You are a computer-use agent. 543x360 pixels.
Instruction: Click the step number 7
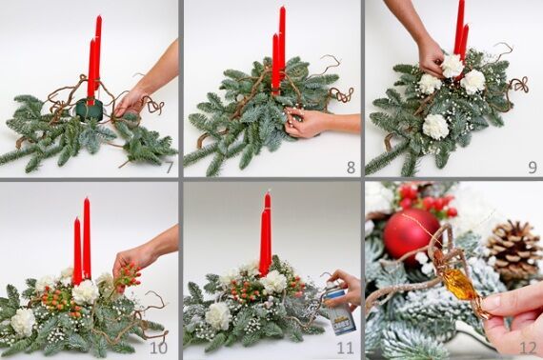click(169, 168)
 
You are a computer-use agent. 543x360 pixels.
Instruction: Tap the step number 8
click(351, 168)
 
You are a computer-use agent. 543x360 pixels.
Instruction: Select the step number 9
click(533, 168)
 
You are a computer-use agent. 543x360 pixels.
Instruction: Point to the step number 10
click(158, 348)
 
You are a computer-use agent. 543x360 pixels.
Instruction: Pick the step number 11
click(345, 348)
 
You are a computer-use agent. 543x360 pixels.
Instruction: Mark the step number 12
click(528, 348)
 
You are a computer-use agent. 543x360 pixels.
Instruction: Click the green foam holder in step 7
click(90, 110)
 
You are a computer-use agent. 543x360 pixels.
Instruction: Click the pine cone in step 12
click(513, 250)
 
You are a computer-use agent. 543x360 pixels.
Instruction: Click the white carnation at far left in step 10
click(23, 322)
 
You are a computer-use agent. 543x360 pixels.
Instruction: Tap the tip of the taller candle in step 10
click(87, 198)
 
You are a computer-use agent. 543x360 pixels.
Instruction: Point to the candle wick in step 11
click(268, 191)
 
